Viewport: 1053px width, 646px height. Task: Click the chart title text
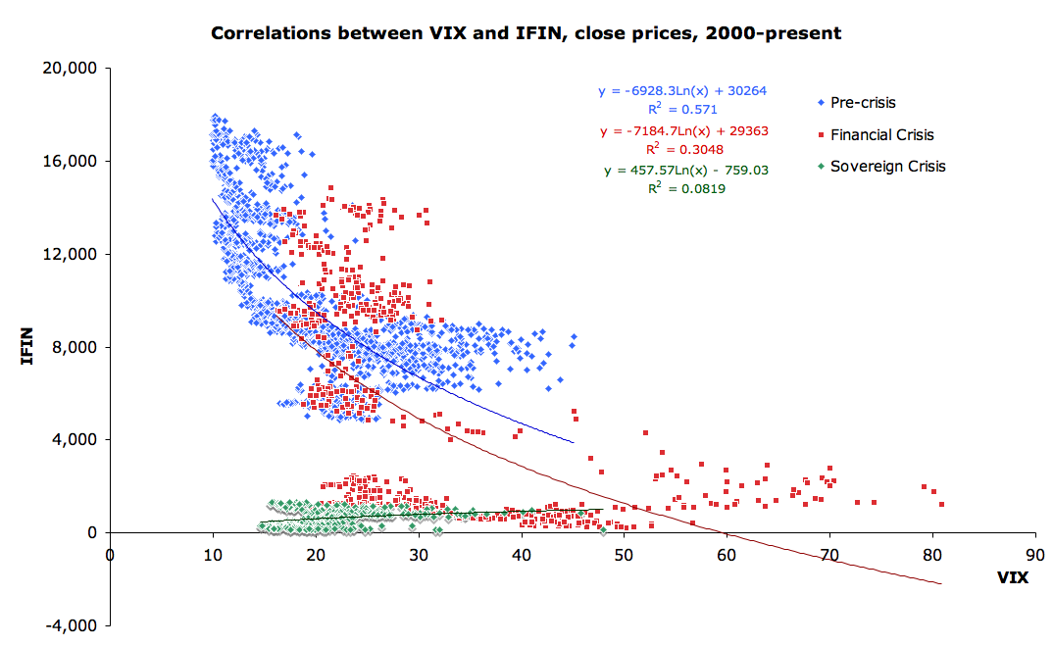526,33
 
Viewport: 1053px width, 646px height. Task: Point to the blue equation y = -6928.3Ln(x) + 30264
682,91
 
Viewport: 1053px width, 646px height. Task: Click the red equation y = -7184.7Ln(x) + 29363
682,130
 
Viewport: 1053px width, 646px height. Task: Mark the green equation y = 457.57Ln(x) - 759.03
686,170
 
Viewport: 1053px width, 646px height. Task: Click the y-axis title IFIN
28,347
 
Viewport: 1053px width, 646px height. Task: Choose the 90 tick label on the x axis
1034,552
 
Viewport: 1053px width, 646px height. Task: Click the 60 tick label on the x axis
727,552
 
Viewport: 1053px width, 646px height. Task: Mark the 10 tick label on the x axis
213,552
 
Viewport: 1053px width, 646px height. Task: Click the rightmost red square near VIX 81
941,505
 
